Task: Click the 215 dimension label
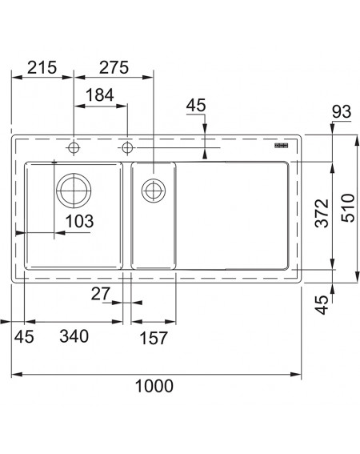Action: [42, 67]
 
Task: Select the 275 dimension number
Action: [114, 67]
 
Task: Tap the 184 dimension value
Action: [100, 94]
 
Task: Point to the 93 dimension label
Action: [342, 111]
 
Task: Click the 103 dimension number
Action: [79, 221]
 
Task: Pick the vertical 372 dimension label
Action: [322, 213]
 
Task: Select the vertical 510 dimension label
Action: [347, 208]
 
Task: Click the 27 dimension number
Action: [101, 294]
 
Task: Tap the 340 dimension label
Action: [74, 336]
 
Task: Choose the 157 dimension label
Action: [154, 338]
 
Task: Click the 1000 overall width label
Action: [154, 386]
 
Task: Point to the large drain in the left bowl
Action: [74, 191]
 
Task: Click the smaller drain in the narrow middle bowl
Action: [154, 191]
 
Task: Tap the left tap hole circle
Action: [74, 148]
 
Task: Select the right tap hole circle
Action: [127, 148]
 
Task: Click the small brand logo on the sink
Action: [282, 146]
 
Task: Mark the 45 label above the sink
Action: [196, 105]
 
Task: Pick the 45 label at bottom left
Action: [24, 336]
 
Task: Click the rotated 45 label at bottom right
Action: [322, 305]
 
